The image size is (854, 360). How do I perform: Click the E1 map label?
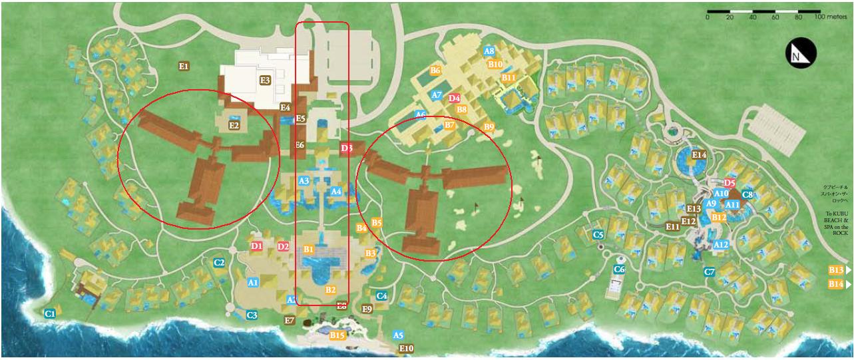tap(184, 66)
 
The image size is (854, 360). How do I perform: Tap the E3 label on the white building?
tap(265, 81)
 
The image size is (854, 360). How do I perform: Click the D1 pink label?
tap(258, 246)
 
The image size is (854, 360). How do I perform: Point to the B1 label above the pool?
tap(308, 249)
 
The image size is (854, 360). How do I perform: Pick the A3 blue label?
tap(304, 181)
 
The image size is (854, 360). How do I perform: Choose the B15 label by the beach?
tap(337, 336)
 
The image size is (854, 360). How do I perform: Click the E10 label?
tap(406, 348)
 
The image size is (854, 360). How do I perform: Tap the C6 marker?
tap(619, 270)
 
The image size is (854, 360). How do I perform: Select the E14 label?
tap(699, 155)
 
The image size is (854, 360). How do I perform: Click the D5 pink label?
tap(730, 182)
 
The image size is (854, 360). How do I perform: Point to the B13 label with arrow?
tap(837, 270)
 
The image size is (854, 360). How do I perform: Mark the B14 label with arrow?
tap(837, 284)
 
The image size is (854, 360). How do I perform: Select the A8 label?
tap(489, 51)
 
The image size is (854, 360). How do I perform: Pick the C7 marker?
tap(710, 271)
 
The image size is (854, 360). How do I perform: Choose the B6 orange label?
tap(436, 70)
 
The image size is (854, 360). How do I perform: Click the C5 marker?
tap(598, 234)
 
